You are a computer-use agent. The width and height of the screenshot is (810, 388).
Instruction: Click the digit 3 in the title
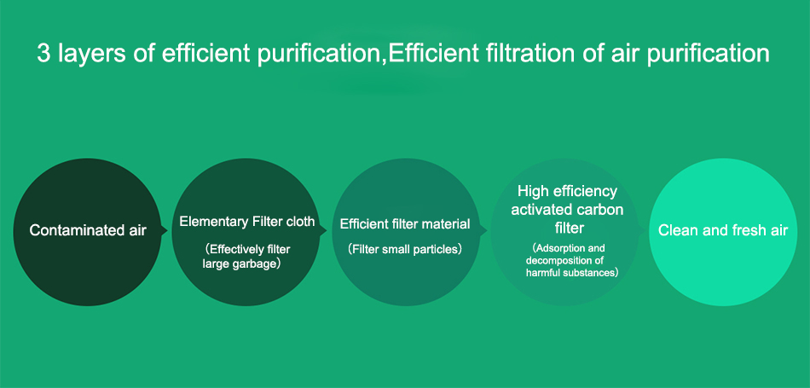pyautogui.click(x=43, y=53)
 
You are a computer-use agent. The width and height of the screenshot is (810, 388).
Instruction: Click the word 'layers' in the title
pyautogui.click(x=91, y=55)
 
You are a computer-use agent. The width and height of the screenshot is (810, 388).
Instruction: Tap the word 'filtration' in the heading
pyautogui.click(x=527, y=53)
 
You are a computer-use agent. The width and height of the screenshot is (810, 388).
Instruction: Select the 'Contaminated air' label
pyautogui.click(x=88, y=230)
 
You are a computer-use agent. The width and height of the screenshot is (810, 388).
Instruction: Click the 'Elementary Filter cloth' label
pyautogui.click(x=247, y=222)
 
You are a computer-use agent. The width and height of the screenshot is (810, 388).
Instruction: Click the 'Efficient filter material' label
pyautogui.click(x=405, y=224)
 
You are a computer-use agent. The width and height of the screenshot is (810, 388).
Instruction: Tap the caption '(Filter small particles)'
pyautogui.click(x=405, y=249)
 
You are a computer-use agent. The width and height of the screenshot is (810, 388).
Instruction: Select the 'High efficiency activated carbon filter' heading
pyautogui.click(x=567, y=210)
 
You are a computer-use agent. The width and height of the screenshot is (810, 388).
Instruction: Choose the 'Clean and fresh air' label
pyautogui.click(x=723, y=230)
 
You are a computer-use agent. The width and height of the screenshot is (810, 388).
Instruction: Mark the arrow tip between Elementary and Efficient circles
pyautogui.click(x=327, y=231)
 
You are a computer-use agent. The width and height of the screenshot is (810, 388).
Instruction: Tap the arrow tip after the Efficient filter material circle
pyautogui.click(x=487, y=231)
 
